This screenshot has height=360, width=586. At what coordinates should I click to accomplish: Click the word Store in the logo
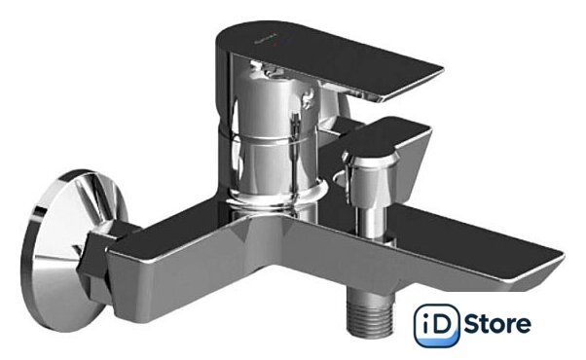(x=497, y=323)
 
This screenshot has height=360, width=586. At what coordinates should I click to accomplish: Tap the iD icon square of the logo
(x=436, y=325)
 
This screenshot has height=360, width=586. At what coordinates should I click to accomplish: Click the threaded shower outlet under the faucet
(x=370, y=313)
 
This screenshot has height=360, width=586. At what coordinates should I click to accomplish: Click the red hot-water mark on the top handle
(x=274, y=45)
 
